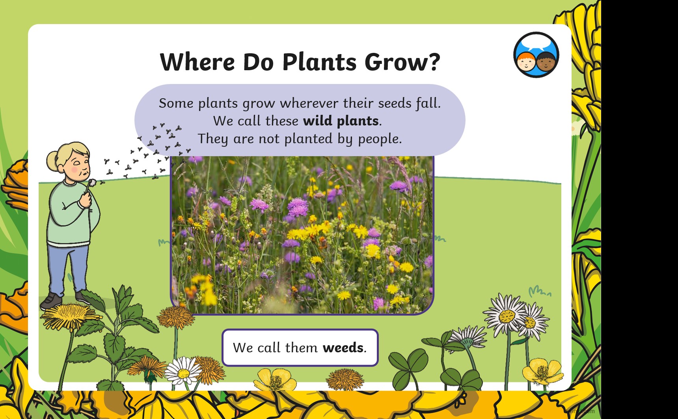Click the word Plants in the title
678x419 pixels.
[x=319, y=62]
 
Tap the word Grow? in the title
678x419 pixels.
[x=402, y=62]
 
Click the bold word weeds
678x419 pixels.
[x=343, y=348]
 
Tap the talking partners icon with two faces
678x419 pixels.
[x=536, y=55]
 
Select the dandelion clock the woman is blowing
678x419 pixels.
[x=92, y=183]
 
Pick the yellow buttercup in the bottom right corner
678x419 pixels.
[x=542, y=372]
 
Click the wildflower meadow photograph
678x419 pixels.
[x=302, y=234]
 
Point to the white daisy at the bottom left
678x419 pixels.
[x=183, y=372]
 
